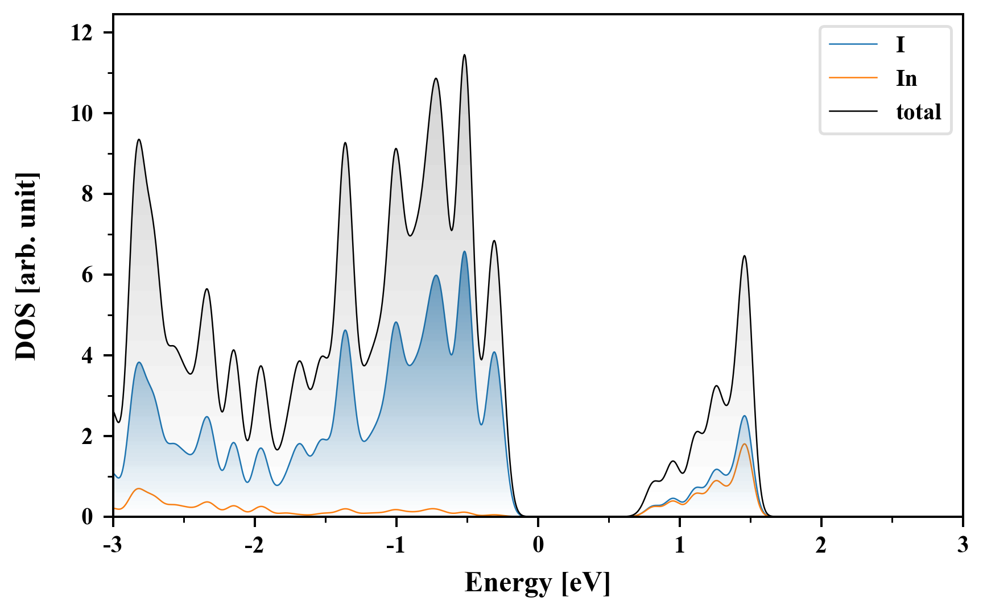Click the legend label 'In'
[906, 78]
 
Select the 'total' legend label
[918, 112]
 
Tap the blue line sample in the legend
[853, 44]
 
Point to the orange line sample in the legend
[853, 78]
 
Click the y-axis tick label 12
[81, 33]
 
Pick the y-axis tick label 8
[87, 194]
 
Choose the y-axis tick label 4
[87, 356]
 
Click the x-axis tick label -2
[254, 546]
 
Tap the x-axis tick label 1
[679, 546]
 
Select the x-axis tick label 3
[962, 546]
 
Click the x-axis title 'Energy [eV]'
[537, 583]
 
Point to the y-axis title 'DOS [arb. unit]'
[26, 266]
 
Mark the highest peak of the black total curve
[465, 55]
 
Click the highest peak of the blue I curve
[465, 252]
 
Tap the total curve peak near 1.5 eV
[744, 256]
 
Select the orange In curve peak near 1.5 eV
[744, 444]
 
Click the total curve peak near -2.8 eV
[139, 140]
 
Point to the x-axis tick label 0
[538, 546]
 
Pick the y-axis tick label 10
[81, 114]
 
